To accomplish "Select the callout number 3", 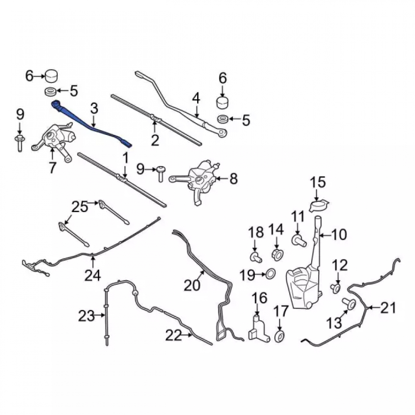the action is pos(94,109).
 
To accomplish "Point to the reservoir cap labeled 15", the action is pos(319,206).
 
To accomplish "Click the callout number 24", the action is pos(93,275).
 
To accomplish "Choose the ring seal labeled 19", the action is pos(271,274).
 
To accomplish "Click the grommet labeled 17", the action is pos(279,337).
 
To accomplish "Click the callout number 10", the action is pos(339,234).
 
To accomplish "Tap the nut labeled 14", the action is pos(277,255).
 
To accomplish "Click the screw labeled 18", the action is pos(256,257).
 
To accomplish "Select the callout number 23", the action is pos(86,316).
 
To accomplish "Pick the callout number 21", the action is pos(388,308).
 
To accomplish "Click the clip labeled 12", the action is pos(336,288).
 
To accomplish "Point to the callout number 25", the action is pos(81,207).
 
